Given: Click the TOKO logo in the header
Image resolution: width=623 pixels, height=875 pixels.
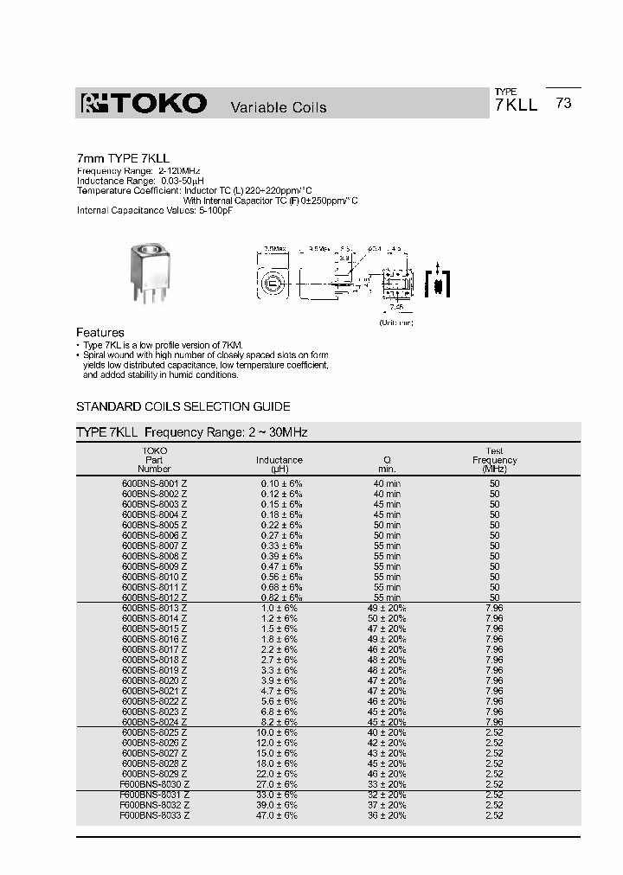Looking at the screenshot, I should tap(144, 105).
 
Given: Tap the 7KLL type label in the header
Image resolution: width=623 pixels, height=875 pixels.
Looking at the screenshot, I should tap(516, 105).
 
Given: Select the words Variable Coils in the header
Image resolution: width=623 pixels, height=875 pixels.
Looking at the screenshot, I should tap(278, 107).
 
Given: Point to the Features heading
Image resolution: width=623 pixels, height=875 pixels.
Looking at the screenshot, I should tap(100, 332).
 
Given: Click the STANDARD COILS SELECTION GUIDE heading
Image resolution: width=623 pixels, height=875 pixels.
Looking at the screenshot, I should tap(183, 406).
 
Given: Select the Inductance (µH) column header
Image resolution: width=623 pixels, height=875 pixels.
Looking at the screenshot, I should tap(279, 464).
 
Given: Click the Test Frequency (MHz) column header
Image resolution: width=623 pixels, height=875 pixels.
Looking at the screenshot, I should tap(494, 460).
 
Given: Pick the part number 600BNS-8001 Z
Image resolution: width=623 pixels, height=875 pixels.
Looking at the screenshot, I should tap(155, 482).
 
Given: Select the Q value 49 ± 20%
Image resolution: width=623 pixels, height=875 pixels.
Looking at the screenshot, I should tap(387, 608).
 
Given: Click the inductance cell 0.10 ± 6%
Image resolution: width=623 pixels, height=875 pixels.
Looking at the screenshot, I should tap(281, 482).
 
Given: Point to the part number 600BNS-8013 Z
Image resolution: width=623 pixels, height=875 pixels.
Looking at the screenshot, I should tap(155, 608).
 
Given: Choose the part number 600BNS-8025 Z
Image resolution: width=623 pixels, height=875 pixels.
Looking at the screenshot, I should tap(155, 732).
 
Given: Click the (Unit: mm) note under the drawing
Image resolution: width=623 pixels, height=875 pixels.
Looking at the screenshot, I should tap(395, 322).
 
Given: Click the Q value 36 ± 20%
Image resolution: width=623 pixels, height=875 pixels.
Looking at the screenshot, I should tap(387, 814).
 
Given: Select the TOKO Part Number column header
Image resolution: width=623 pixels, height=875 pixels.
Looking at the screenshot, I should tap(155, 460).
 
